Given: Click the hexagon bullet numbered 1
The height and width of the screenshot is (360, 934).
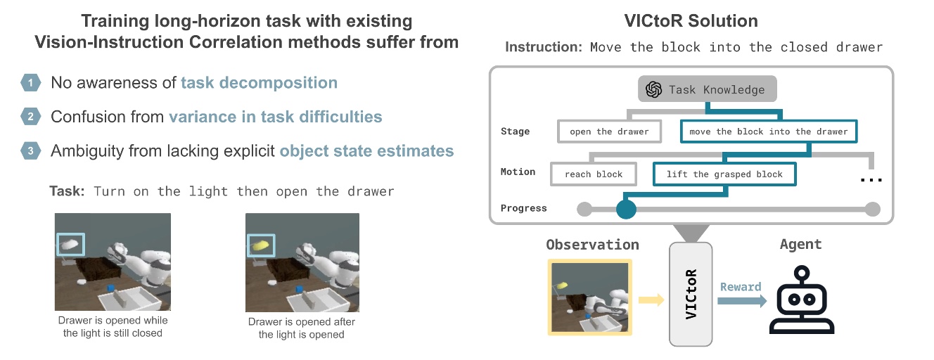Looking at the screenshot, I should tap(30, 83).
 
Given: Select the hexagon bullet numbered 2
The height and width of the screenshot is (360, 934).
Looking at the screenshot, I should tap(30, 117).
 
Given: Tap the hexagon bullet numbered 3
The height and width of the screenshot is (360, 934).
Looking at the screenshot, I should tap(30, 150).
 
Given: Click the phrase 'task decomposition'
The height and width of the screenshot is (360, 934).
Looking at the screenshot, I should tap(259, 83).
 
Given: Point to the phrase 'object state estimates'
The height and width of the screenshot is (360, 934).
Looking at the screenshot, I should tap(366, 150).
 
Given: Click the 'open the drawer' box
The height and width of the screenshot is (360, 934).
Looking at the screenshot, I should tap(609, 131).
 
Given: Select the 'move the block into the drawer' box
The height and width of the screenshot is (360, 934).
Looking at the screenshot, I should tap(768, 131).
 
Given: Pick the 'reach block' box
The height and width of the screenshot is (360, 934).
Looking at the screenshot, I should tap(593, 174).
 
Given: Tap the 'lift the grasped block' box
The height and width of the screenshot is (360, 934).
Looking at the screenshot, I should tap(724, 174).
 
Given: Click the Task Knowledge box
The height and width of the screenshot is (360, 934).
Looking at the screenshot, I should tap(708, 89).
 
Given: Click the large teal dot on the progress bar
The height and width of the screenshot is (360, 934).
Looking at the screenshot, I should tap(625, 209).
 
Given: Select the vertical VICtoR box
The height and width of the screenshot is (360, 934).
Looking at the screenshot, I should tap(691, 293).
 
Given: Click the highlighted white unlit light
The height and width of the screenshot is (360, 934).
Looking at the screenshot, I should tap(70, 245).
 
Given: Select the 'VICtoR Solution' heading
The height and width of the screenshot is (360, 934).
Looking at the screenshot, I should tap(692, 22).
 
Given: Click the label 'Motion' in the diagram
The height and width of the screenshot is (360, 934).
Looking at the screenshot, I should tap(518, 172).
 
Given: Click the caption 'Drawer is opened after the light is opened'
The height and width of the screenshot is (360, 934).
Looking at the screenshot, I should tap(302, 328).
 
